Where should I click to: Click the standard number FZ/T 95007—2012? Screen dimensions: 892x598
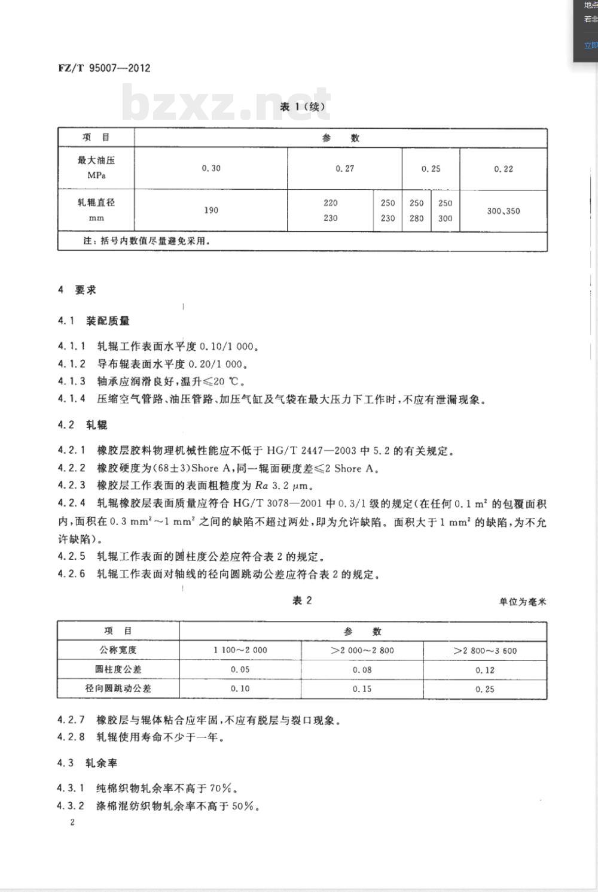coord(104,68)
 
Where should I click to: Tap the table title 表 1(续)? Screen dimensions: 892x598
coord(303,107)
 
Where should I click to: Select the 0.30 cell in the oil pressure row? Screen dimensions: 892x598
coord(211,168)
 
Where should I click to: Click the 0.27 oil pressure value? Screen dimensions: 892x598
coord(345,169)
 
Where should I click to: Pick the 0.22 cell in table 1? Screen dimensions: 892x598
coord(504,169)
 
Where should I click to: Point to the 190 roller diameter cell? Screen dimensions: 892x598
coord(211,210)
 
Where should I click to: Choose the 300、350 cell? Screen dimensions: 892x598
coord(504,211)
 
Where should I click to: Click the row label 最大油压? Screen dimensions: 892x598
coord(96,160)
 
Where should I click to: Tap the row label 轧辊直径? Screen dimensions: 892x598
coord(96,203)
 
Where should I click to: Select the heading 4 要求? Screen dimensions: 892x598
coord(77,290)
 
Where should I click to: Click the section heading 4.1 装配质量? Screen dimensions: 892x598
coord(94,321)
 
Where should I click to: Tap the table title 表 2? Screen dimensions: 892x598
coord(302,600)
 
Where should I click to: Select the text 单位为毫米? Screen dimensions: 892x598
coord(523,602)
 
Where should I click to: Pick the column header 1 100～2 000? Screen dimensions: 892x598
coord(240,650)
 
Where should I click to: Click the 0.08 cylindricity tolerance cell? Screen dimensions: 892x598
coord(362,669)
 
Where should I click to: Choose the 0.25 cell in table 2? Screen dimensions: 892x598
coord(485,689)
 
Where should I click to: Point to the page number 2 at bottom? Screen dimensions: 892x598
coord(72,822)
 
